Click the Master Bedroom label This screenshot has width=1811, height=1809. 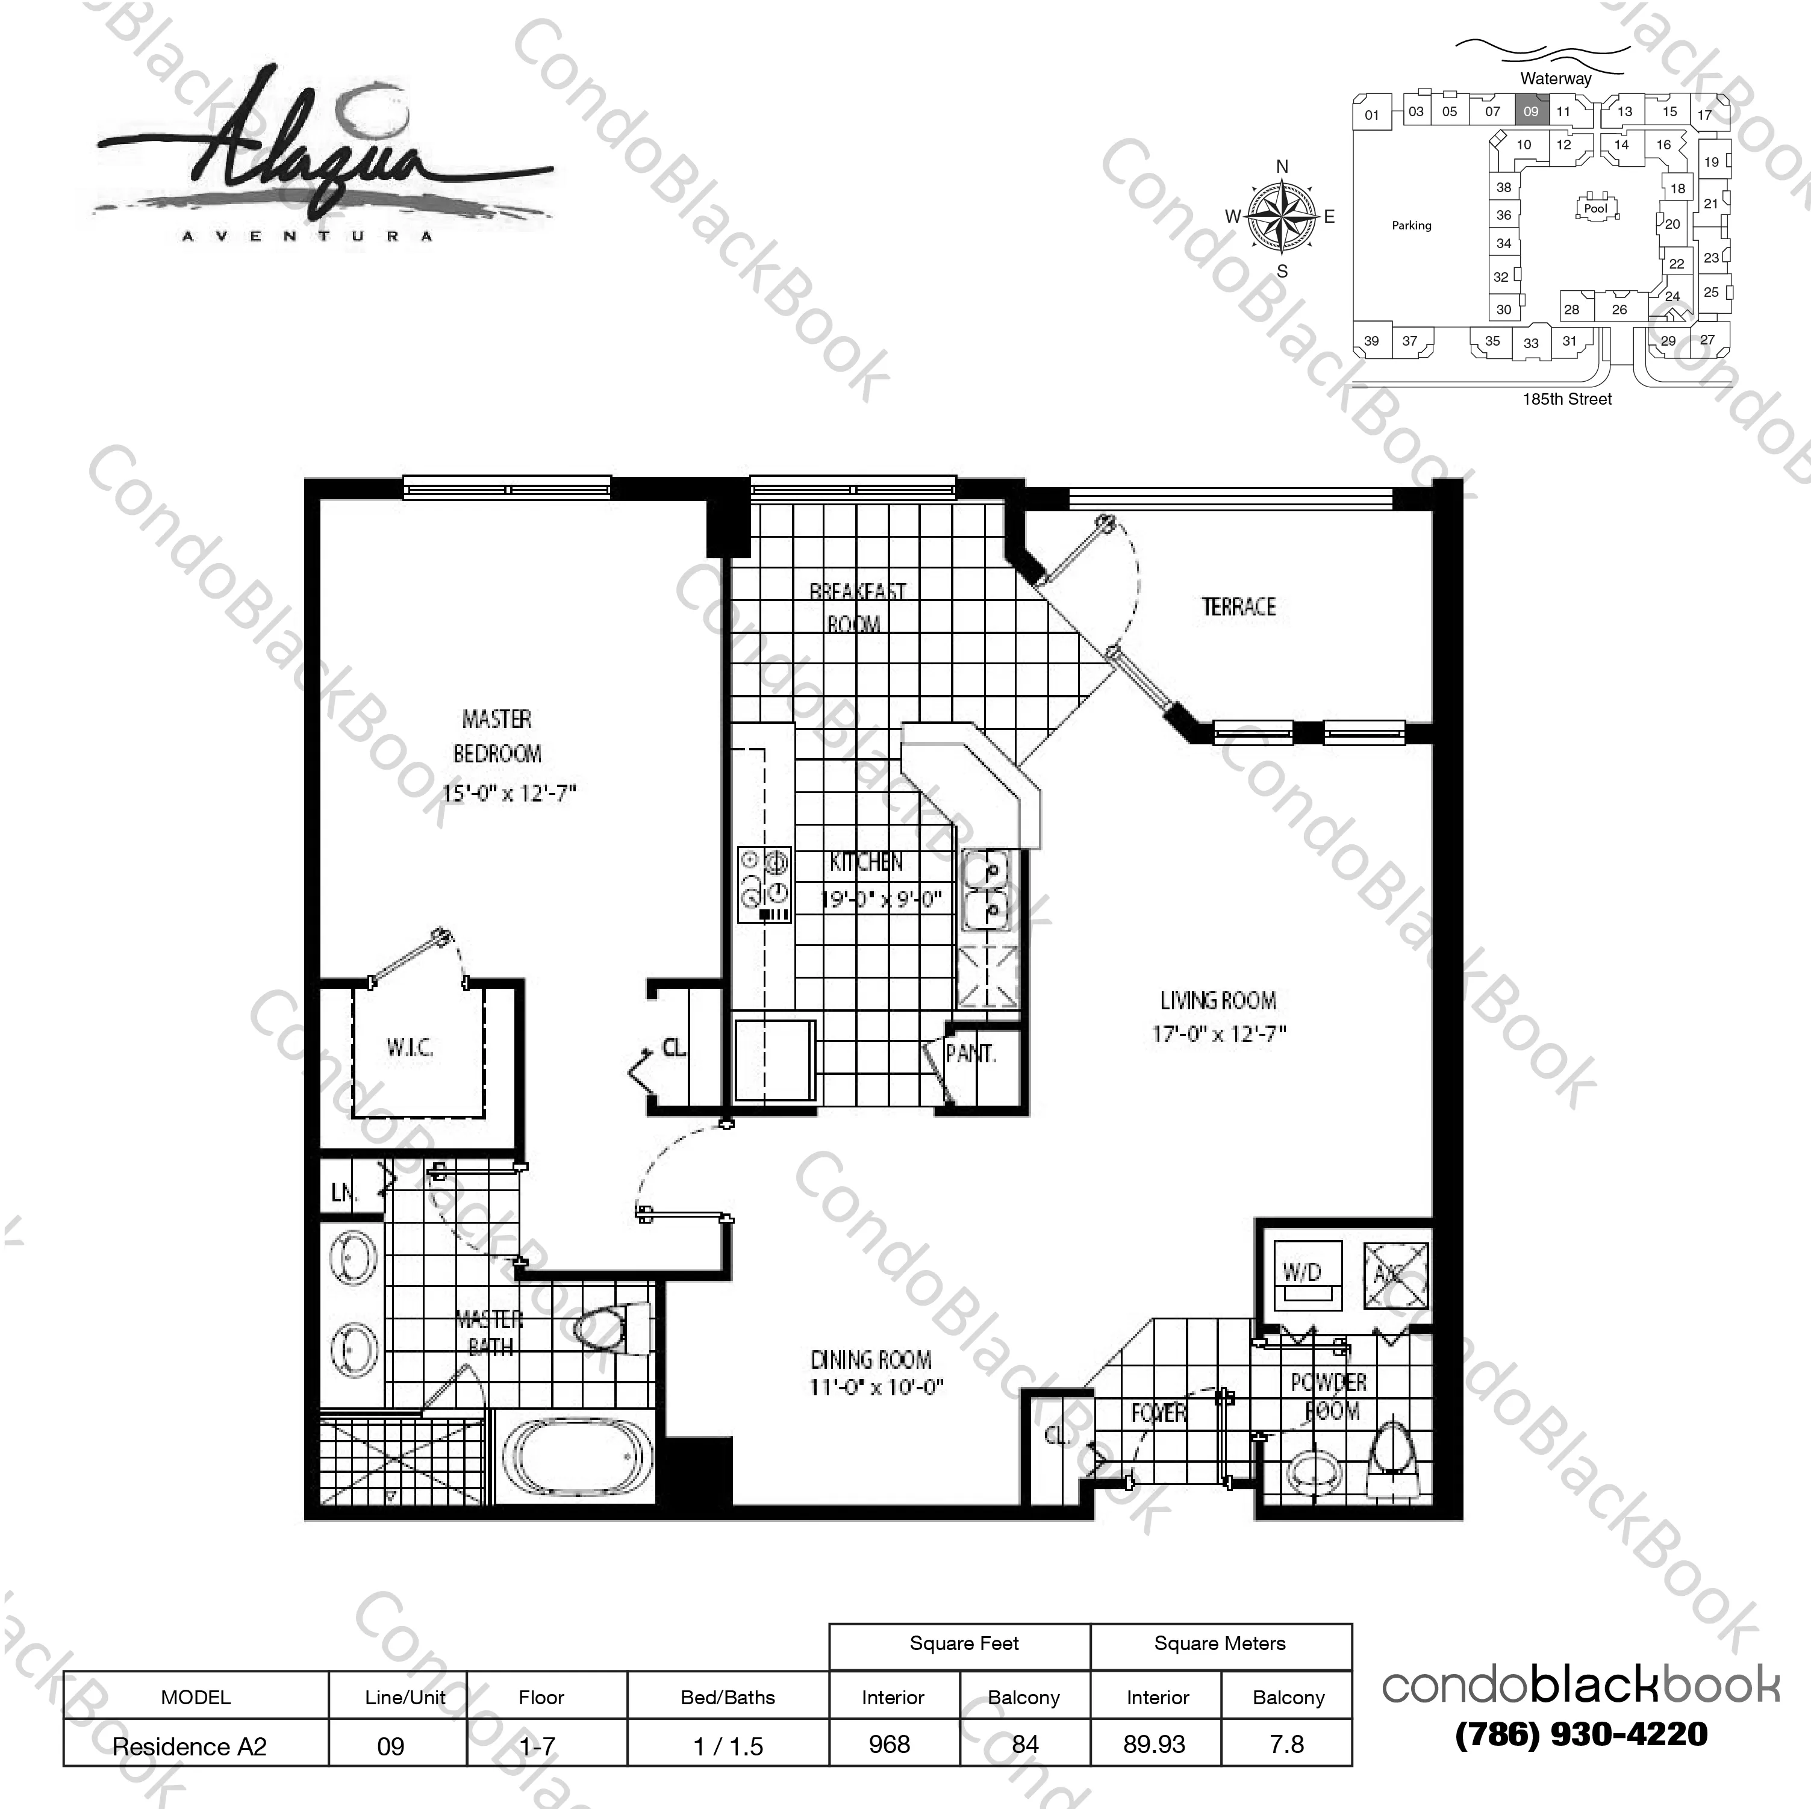(497, 736)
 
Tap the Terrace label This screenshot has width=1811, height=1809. (1238, 606)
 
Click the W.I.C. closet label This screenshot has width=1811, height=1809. (410, 1047)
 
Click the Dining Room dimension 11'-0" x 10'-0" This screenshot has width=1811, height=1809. (876, 1386)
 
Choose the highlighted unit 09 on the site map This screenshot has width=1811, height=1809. (1531, 111)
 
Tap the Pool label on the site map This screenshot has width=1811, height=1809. (1595, 209)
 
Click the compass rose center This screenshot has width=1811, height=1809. (1282, 217)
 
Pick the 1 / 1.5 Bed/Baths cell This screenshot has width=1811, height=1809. (728, 1746)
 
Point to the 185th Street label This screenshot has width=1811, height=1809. (1566, 399)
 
